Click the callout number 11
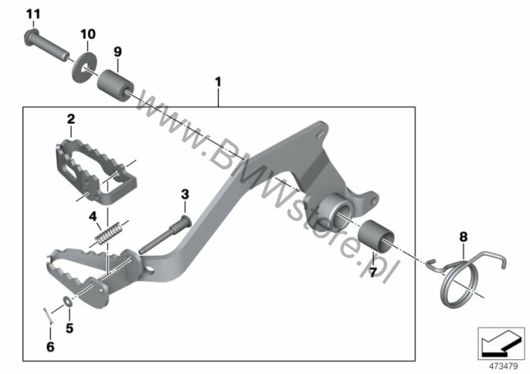pyautogui.click(x=33, y=14)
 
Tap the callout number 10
pyautogui.click(x=88, y=34)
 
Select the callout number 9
pyautogui.click(x=117, y=52)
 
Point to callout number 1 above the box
pyautogui.click(x=218, y=82)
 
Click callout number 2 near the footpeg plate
pyautogui.click(x=71, y=119)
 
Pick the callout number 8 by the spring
pyautogui.click(x=463, y=237)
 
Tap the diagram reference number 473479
pyautogui.click(x=504, y=366)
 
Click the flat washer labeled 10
pyautogui.click(x=84, y=67)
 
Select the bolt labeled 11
pyautogui.click(x=46, y=46)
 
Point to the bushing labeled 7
pyautogui.click(x=376, y=236)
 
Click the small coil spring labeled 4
pyautogui.click(x=109, y=233)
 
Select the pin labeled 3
pyautogui.click(x=165, y=234)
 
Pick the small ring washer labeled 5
pyautogui.click(x=67, y=301)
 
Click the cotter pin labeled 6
pyautogui.click(x=47, y=314)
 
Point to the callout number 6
pyautogui.click(x=50, y=347)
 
